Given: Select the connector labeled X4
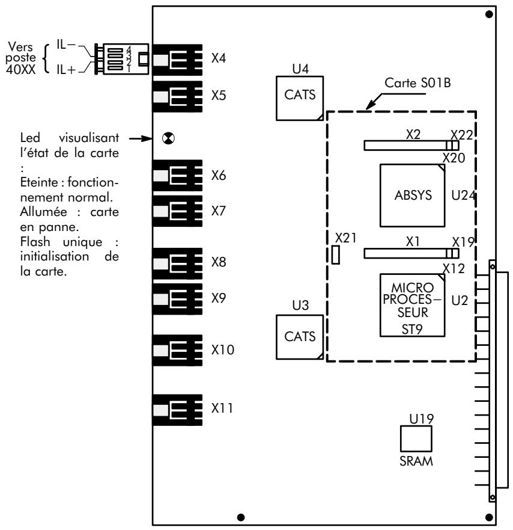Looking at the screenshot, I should (177, 60).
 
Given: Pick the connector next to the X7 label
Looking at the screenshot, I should (177, 211).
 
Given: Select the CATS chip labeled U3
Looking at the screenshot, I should (299, 336).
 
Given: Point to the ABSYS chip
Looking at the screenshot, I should (413, 195).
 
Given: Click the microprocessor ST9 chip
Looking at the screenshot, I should (413, 305).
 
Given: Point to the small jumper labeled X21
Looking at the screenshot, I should (336, 255).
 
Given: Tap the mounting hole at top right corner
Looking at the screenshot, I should (489, 14).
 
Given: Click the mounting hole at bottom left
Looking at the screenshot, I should (241, 516).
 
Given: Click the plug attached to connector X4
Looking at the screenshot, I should (125, 58).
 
